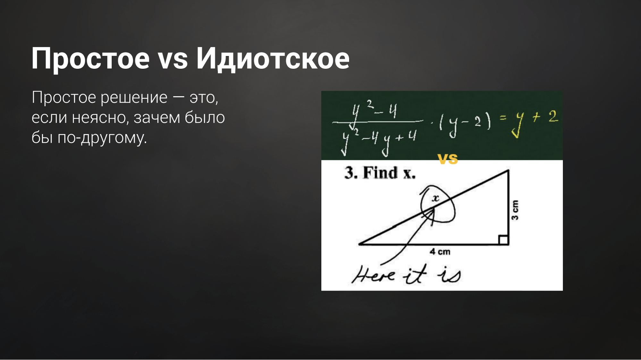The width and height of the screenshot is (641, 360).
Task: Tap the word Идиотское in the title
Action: pyautogui.click(x=273, y=59)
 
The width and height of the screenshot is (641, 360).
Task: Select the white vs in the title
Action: pyautogui.click(x=173, y=59)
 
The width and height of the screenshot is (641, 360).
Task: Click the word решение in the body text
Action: pyautogui.click(x=134, y=97)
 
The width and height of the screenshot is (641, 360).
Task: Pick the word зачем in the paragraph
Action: pyautogui.click(x=156, y=118)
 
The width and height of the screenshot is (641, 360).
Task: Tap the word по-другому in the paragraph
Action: pyautogui.click(x=102, y=138)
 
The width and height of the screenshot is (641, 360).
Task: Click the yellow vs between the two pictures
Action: pyautogui.click(x=448, y=159)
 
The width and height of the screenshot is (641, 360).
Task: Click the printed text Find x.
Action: pyautogui.click(x=389, y=173)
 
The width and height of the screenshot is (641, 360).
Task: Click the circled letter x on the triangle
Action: pyautogui.click(x=435, y=198)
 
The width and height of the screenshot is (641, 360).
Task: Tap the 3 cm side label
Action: pyautogui.click(x=515, y=210)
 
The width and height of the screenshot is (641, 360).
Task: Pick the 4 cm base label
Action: pyautogui.click(x=440, y=252)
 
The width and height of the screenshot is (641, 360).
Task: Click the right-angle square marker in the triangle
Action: pyautogui.click(x=503, y=240)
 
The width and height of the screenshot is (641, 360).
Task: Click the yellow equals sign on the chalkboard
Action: pyautogui.click(x=503, y=118)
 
